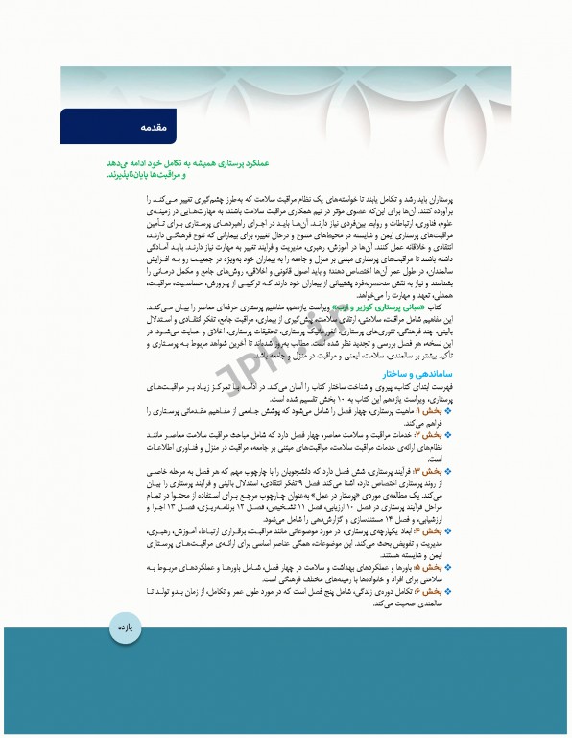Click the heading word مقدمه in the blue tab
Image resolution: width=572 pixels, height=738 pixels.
click(x=153, y=126)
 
